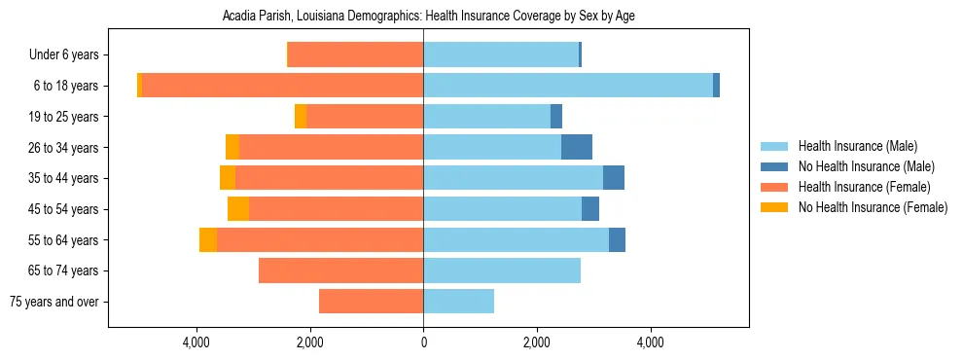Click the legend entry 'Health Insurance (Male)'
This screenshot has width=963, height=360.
pyautogui.click(x=857, y=146)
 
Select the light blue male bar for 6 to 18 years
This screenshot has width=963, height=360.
pyautogui.click(x=568, y=86)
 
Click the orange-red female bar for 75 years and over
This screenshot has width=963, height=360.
pyautogui.click(x=371, y=302)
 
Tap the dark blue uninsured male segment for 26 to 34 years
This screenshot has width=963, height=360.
pyautogui.click(x=577, y=147)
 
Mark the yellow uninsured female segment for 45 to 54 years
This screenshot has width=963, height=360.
pyautogui.click(x=238, y=209)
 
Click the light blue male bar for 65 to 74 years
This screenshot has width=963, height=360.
pyautogui.click(x=502, y=270)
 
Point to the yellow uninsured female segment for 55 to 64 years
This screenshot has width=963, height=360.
pyautogui.click(x=208, y=240)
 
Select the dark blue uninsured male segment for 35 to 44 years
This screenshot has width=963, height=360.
pyautogui.click(x=614, y=178)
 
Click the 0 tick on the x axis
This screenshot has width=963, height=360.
pyautogui.click(x=423, y=342)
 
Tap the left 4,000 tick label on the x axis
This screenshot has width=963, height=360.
pyautogui.click(x=196, y=342)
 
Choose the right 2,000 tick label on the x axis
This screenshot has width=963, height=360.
pyautogui.click(x=536, y=342)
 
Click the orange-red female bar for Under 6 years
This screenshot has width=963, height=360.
pyautogui.click(x=356, y=55)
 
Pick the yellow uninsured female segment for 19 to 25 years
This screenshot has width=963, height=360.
pyautogui.click(x=301, y=117)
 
